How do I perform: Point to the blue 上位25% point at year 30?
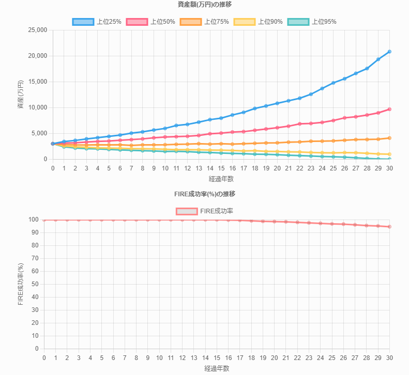pos(389,52)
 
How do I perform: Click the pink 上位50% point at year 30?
pos(389,109)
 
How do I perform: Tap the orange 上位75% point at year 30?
pos(389,138)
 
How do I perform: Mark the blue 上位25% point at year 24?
pos(322,88)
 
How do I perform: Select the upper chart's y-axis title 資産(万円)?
pos(21,95)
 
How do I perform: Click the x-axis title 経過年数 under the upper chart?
pos(221,179)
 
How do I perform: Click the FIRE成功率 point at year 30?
pos(389,226)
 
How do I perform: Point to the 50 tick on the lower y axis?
pos(36,284)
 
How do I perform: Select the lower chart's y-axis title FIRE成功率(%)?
pos(21,284)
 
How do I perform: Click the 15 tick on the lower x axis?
pos(217,357)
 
